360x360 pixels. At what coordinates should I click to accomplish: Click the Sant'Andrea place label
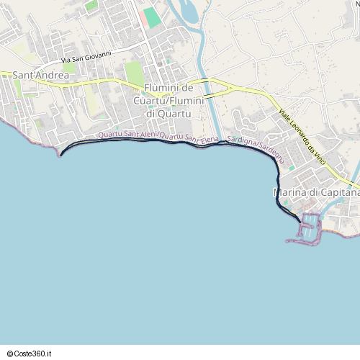pos(41,75)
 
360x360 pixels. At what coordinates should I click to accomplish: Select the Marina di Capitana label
pos(315,192)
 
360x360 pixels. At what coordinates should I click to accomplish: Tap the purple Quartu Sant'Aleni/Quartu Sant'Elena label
pos(158,135)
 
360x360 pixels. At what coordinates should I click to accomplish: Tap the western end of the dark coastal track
pos(60,153)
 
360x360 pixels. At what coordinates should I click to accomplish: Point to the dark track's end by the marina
pos(299,217)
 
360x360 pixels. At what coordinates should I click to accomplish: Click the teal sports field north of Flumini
pos(152,17)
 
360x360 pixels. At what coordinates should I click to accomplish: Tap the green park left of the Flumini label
pos(133,72)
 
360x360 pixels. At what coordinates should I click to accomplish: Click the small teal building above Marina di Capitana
pos(292,168)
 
